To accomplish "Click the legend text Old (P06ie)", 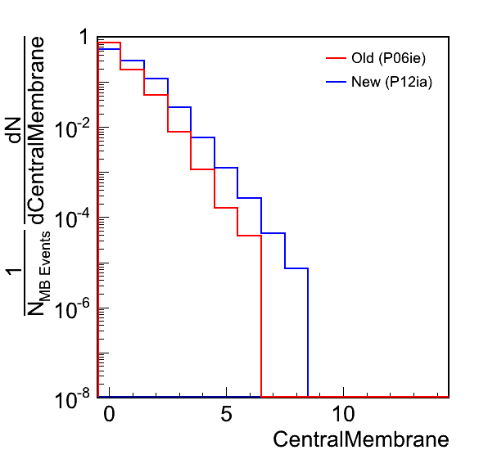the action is click(x=388, y=58).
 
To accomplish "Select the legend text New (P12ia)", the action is click(x=392, y=82).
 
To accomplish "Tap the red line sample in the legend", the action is click(x=337, y=58).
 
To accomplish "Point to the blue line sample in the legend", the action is click(x=337, y=82).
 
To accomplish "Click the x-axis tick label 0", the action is click(x=109, y=414).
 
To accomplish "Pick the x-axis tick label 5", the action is click(x=226, y=414).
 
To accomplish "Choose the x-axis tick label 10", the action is click(x=343, y=414).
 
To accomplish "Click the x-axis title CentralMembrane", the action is click(x=361, y=439).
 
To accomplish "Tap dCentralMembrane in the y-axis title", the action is click(x=38, y=131).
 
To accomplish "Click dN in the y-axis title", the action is click(x=14, y=130).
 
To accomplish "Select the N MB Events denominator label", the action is click(x=38, y=273).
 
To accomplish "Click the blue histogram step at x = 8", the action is click(x=296, y=268).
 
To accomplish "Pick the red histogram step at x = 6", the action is click(x=250, y=236).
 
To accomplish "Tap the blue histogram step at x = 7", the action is click(x=273, y=233).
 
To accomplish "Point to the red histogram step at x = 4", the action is click(x=202, y=169).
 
